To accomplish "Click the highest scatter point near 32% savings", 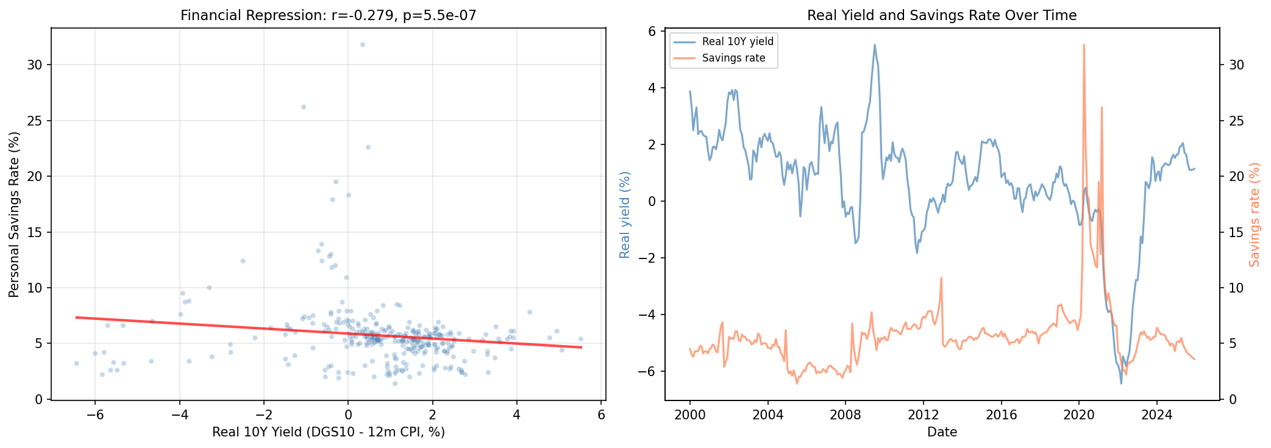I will coord(362,44).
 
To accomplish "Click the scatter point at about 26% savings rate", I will coord(304,107).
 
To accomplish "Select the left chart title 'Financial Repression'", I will coord(328,15).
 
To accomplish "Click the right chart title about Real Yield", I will coord(942,15).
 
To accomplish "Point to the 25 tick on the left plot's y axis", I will coord(35,121).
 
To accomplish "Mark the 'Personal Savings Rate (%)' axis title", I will coord(14,216).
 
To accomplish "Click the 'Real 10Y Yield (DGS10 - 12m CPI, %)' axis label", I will coord(328,432).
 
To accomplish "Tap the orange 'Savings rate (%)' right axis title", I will coord(1254,215).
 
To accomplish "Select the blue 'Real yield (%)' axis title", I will coord(625,215).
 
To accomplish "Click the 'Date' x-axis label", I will coord(942,432).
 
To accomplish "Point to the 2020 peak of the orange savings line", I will coord(1084,44).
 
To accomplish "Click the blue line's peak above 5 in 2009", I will coord(875,44).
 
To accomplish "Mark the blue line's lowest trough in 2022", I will coord(1121,383).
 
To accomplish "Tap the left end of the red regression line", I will coord(77,317).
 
